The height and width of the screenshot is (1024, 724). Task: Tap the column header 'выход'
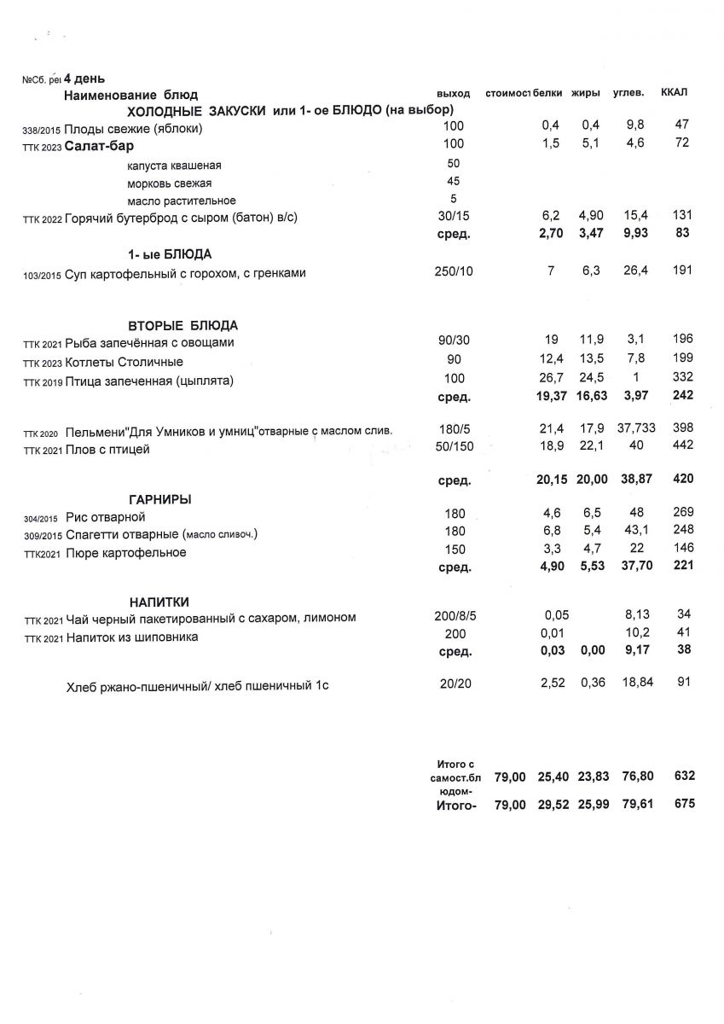click(x=453, y=93)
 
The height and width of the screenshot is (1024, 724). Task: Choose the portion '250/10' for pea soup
click(x=454, y=271)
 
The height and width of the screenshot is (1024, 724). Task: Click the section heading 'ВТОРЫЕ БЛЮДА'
click(x=183, y=325)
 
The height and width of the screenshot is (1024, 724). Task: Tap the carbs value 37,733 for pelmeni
click(x=636, y=428)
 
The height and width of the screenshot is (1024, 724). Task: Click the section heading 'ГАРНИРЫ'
click(x=160, y=499)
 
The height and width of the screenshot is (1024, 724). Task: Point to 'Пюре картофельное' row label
click(x=125, y=553)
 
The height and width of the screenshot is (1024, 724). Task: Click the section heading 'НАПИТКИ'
click(x=159, y=601)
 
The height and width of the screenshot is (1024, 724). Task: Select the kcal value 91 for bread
click(x=682, y=682)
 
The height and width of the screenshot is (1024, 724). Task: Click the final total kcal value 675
click(x=682, y=804)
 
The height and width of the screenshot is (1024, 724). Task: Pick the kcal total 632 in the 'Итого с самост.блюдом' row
click(x=682, y=776)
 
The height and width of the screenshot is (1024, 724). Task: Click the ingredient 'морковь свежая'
click(x=169, y=183)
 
